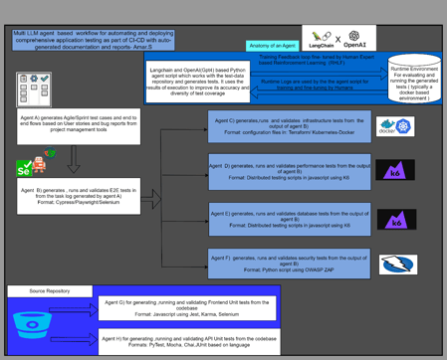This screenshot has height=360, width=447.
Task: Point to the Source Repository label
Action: click(x=50, y=292)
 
